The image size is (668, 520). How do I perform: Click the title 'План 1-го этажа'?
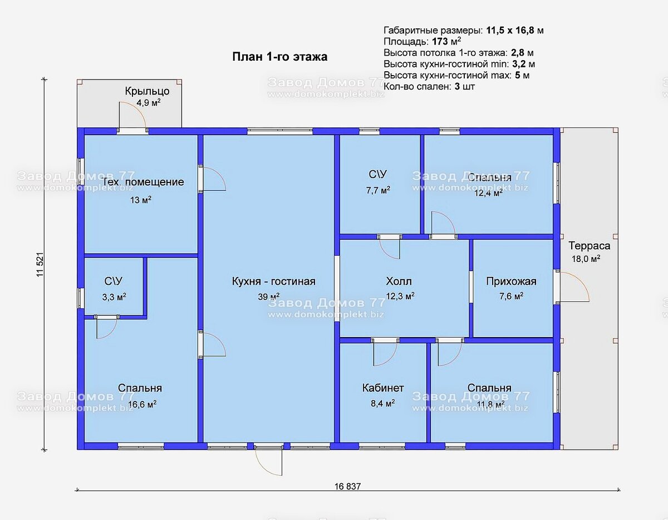click(280, 57)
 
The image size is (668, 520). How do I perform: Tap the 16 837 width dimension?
click(347, 486)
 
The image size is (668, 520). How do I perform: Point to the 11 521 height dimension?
click(40, 265)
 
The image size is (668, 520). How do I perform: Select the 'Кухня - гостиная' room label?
click(273, 281)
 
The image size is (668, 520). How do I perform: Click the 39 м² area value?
click(269, 296)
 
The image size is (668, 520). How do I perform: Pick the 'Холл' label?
click(399, 281)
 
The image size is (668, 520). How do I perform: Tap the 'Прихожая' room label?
click(511, 281)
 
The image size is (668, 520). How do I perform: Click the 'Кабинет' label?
click(383, 388)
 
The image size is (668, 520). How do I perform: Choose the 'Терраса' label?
click(589, 246)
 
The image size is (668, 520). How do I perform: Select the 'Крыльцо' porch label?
click(147, 91)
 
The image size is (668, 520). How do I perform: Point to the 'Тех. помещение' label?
click(143, 182)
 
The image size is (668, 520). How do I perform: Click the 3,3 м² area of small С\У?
click(114, 297)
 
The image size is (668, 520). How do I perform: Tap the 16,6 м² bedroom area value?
click(142, 404)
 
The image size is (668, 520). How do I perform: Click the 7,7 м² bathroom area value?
click(378, 190)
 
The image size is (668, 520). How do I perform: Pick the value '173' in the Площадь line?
click(440, 42)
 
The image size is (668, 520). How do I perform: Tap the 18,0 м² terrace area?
click(586, 259)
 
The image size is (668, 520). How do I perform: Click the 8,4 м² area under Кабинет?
click(383, 403)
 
